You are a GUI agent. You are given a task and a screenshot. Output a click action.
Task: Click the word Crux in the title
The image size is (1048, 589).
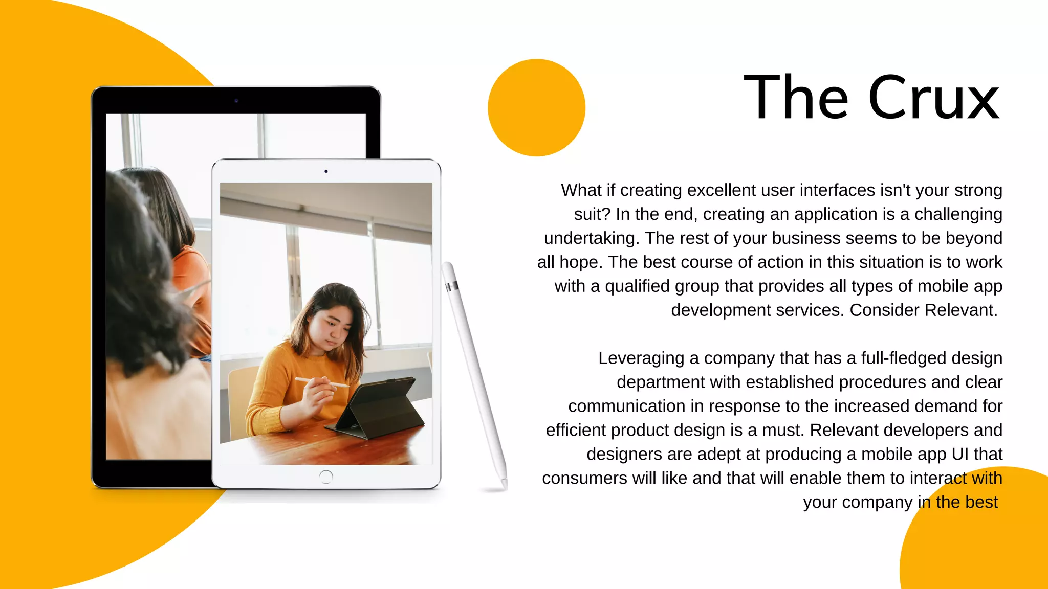933,98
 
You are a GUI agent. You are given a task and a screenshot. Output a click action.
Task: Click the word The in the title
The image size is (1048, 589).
796,98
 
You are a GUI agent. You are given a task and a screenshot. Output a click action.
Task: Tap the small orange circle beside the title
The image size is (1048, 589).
536,108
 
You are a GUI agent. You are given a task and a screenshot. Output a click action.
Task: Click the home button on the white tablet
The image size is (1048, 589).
325,477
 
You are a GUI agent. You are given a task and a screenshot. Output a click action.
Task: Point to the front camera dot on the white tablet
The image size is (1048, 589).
326,171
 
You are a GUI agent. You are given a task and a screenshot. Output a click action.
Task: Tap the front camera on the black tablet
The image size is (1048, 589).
236,101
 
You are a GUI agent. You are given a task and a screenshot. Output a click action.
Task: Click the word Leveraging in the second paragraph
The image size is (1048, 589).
641,358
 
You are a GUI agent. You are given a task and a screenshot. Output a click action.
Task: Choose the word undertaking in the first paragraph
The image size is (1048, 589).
591,238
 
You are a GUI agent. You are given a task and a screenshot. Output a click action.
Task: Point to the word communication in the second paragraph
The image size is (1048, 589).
626,406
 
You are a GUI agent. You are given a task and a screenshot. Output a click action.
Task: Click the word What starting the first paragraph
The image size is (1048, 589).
581,190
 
